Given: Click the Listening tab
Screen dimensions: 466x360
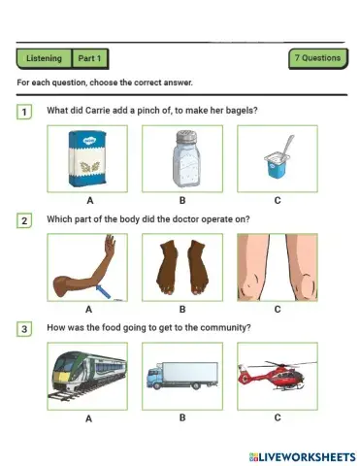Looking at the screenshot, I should tap(45, 58).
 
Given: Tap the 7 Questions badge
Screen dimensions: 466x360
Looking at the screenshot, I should tap(317, 57).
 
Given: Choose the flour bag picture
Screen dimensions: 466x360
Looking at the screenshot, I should tap(88, 159).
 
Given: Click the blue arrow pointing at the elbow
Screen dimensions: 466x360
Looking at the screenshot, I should tap(108, 288).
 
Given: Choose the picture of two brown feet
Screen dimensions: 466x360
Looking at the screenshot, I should tap(182, 267).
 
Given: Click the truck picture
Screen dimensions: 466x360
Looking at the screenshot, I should tap(182, 378).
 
